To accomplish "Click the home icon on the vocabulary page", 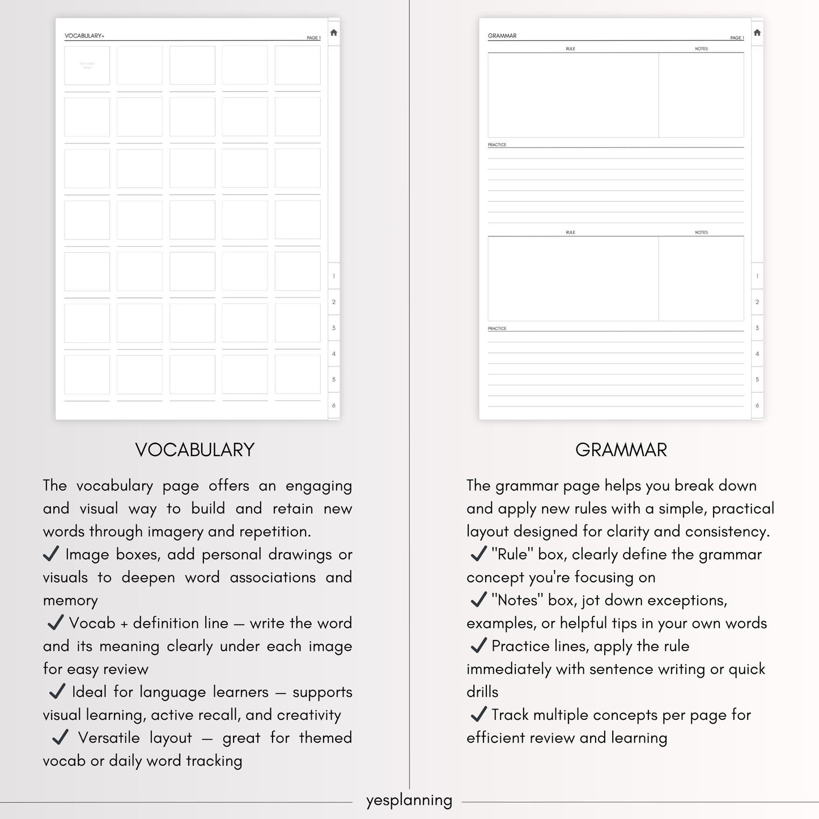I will tap(334, 33).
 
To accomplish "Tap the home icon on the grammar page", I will tap(757, 33).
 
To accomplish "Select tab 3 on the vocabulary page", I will tap(334, 328).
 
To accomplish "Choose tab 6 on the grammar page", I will tap(757, 405).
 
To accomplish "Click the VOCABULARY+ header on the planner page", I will tap(84, 36).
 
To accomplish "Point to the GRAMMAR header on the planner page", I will tap(502, 36).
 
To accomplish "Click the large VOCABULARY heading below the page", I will tap(195, 450).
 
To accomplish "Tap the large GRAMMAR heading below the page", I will tap(621, 450).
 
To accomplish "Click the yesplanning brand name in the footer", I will tap(409, 800).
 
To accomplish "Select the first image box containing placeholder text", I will tap(87, 66).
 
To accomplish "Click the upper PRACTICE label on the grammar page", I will tap(497, 145).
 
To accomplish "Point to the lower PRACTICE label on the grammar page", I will tap(497, 328).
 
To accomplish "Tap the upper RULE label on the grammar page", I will tap(570, 49).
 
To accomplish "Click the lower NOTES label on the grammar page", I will tap(701, 232).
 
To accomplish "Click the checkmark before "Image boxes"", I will tap(51, 554).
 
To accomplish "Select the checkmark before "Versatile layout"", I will tap(60, 737).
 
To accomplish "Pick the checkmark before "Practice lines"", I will tap(479, 645).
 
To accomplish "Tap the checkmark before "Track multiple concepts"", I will tap(479, 714).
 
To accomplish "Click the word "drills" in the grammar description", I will tap(482, 692).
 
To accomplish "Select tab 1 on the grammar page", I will tap(757, 277).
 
